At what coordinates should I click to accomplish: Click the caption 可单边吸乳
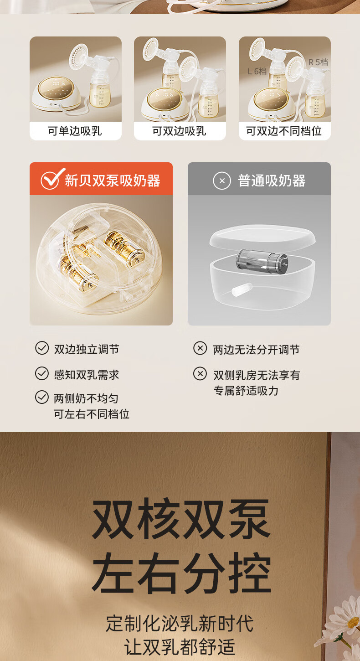tap(75, 131)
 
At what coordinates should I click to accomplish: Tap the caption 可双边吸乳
tap(179, 131)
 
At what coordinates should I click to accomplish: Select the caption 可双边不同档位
tap(284, 131)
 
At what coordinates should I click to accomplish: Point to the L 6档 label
tap(257, 71)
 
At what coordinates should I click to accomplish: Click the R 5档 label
tap(318, 62)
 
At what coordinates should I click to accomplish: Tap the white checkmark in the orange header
tap(52, 179)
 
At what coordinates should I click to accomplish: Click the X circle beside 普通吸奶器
tap(222, 181)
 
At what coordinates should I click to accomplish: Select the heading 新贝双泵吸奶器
tap(113, 181)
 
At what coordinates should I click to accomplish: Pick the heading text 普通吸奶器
tap(272, 181)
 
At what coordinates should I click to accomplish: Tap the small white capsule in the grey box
tap(242, 289)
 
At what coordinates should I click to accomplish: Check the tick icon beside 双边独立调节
tap(42, 348)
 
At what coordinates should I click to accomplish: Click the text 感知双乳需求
tap(87, 375)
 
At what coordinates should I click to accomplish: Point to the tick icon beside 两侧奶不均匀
tap(42, 397)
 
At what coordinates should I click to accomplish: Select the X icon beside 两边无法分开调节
tap(200, 348)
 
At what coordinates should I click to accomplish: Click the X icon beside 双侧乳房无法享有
tap(200, 374)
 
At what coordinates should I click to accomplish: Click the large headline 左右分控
tap(181, 573)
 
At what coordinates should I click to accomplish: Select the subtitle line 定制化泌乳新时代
tap(180, 623)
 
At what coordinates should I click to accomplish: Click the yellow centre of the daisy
tap(353, 630)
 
